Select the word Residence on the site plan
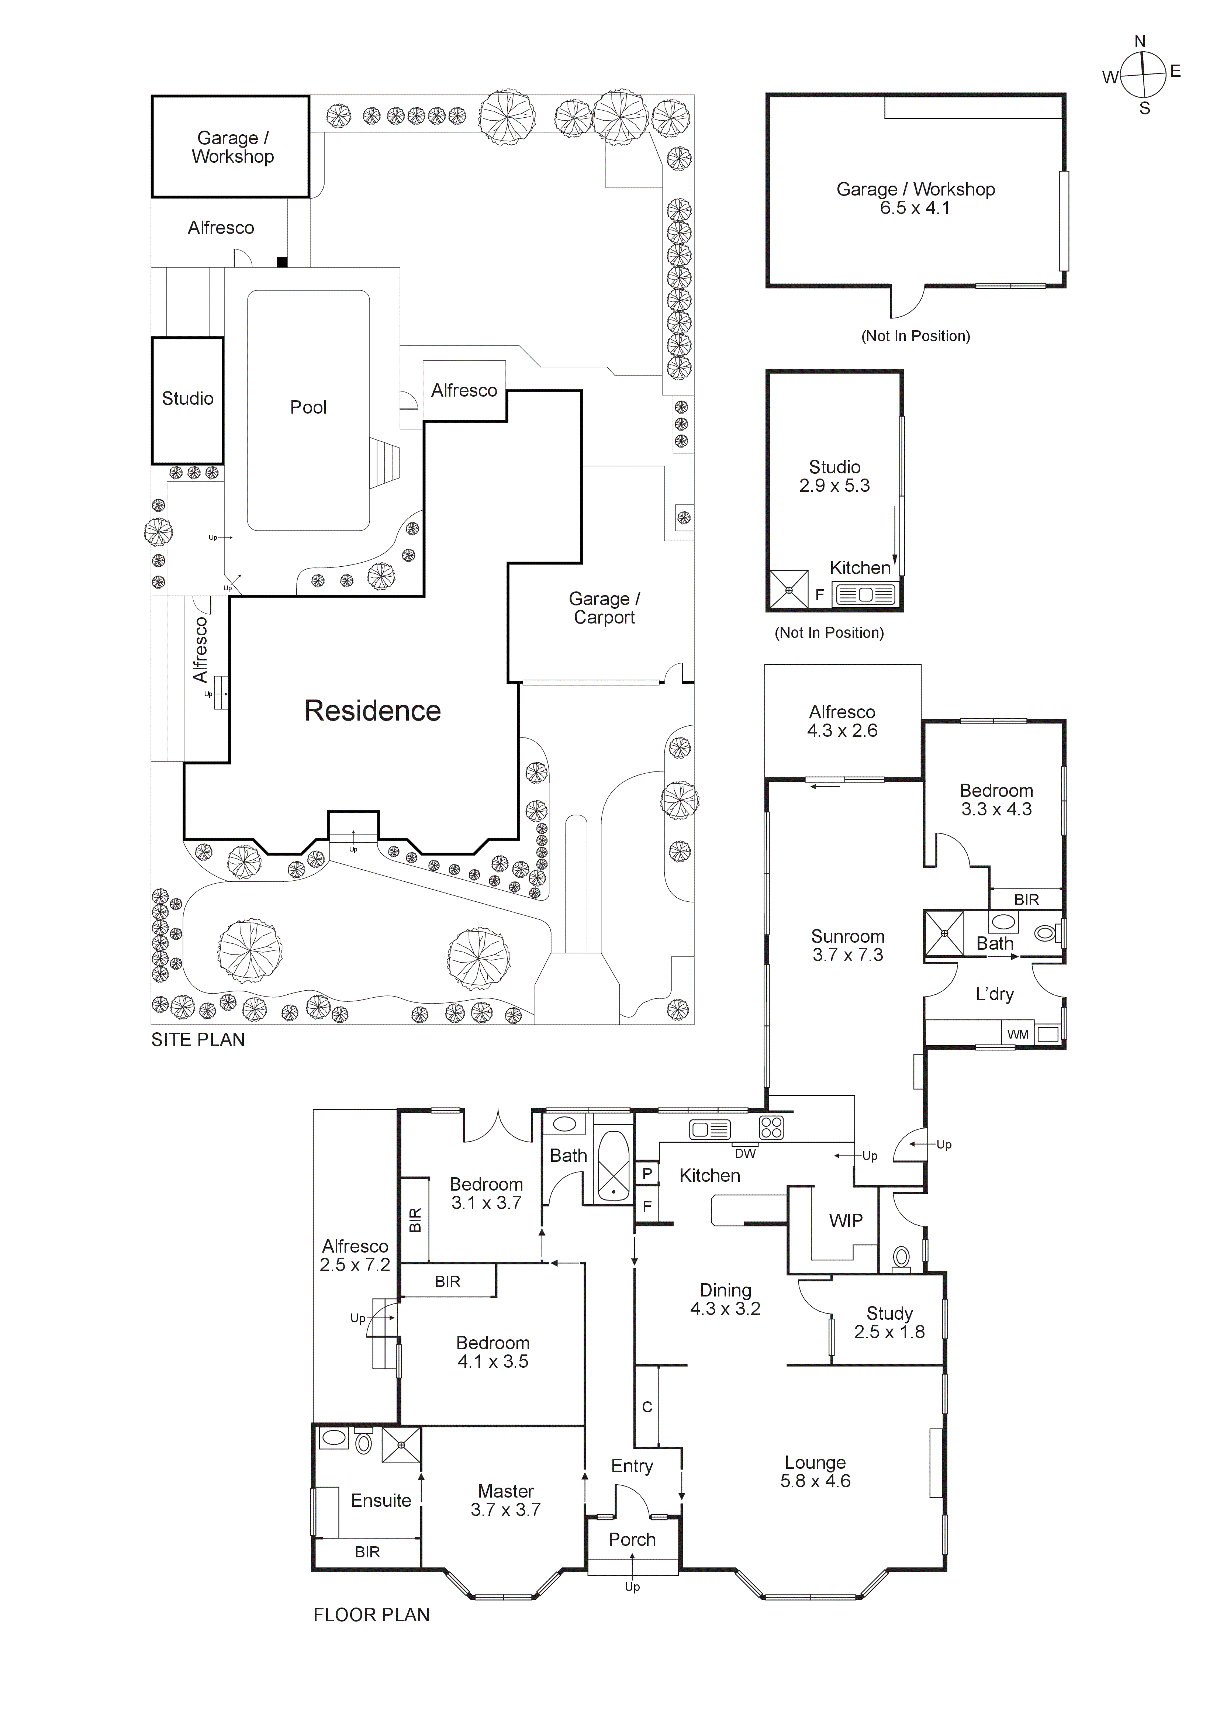[x=372, y=711]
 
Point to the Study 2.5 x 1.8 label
[x=889, y=1322]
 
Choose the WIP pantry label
[x=845, y=1220]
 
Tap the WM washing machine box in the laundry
[x=1018, y=1035]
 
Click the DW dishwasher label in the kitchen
[x=745, y=1153]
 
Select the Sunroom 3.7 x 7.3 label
[x=847, y=946]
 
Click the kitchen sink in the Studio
[x=865, y=595]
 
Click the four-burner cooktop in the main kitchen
[x=771, y=1127]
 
